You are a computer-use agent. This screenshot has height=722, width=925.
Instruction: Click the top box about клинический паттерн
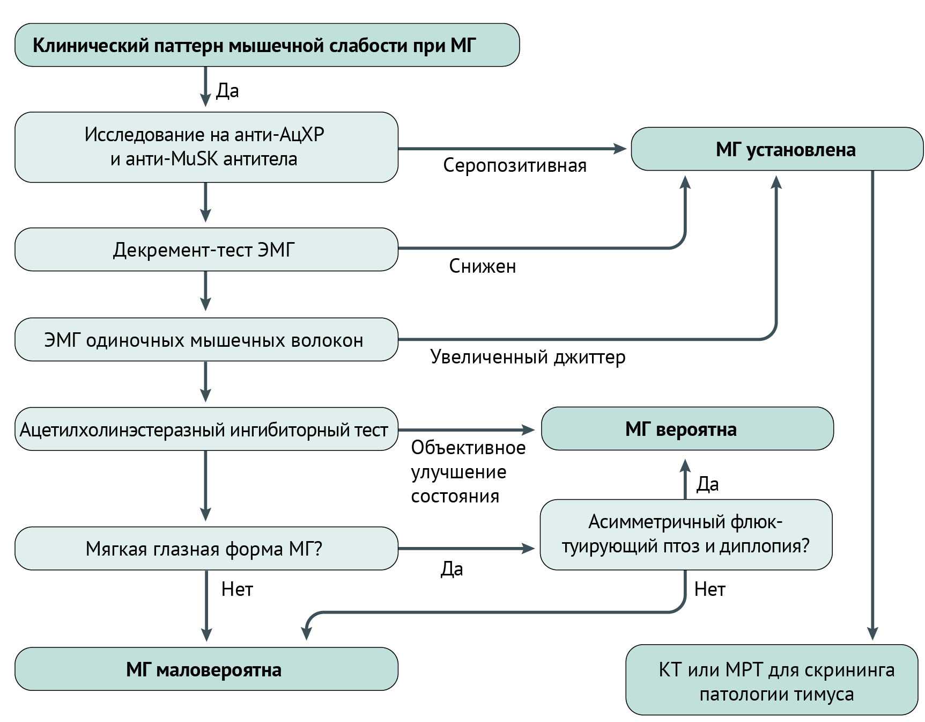click(267, 45)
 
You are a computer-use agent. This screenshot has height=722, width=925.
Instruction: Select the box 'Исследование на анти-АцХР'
click(206, 147)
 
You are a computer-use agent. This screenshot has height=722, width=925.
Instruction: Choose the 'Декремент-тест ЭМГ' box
click(206, 250)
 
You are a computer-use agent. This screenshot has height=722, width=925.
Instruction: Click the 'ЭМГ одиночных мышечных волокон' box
click(206, 340)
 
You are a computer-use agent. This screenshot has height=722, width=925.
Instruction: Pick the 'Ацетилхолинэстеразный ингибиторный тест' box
click(206, 429)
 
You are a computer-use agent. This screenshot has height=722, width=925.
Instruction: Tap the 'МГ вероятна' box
click(686, 429)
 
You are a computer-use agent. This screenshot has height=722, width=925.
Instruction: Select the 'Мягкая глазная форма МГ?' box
click(206, 549)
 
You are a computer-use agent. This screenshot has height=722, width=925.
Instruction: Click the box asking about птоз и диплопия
click(685, 534)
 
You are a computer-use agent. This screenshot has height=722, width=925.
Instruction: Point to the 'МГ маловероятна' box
click(206, 669)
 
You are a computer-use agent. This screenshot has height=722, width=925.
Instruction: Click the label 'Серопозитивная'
click(514, 165)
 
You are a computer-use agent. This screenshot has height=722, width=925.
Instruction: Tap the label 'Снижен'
click(482, 266)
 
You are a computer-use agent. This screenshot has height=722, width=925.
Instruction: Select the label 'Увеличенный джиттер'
click(528, 357)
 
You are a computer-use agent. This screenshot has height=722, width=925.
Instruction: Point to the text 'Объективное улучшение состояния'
click(468, 472)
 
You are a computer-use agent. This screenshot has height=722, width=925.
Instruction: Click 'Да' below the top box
click(227, 91)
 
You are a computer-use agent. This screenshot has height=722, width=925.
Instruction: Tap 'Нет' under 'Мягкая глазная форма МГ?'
click(236, 589)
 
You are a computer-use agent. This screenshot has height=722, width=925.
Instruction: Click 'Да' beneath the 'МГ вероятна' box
click(707, 484)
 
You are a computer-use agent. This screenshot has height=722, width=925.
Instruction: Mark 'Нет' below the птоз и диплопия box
click(709, 589)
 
